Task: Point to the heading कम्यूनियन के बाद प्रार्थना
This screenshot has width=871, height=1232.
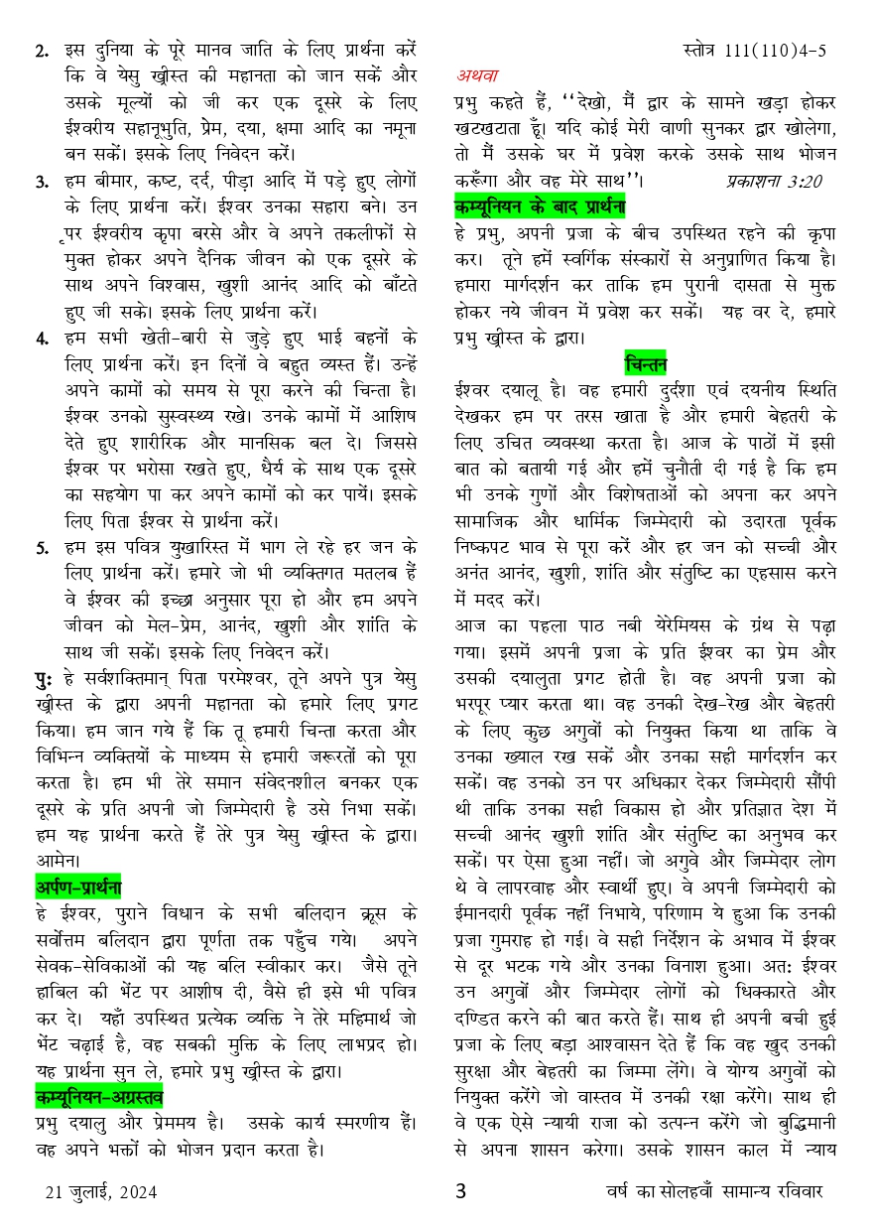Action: click(540, 206)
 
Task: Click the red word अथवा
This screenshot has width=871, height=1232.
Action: click(477, 75)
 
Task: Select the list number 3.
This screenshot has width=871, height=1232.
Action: click(42, 182)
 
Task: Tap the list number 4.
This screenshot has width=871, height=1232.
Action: click(42, 338)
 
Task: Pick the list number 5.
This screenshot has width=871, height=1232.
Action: click(42, 546)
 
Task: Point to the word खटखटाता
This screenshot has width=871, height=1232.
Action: click(487, 128)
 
